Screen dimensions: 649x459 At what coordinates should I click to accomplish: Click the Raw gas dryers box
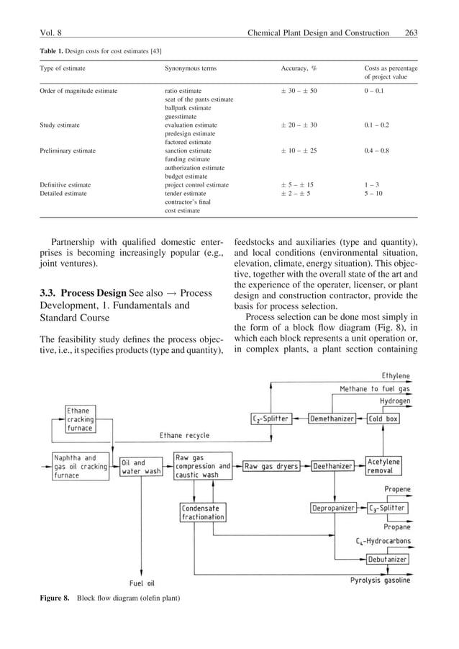point(271,466)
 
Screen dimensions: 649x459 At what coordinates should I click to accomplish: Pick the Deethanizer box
point(333,466)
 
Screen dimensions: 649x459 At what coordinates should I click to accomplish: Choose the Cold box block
point(383,419)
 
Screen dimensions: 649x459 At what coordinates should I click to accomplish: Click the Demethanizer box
point(333,419)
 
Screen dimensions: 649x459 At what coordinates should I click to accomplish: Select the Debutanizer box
point(388,558)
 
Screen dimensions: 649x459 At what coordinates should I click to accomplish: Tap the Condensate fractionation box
point(203,512)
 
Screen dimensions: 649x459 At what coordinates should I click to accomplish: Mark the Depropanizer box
point(333,508)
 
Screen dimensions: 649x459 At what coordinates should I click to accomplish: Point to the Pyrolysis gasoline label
point(381,580)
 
